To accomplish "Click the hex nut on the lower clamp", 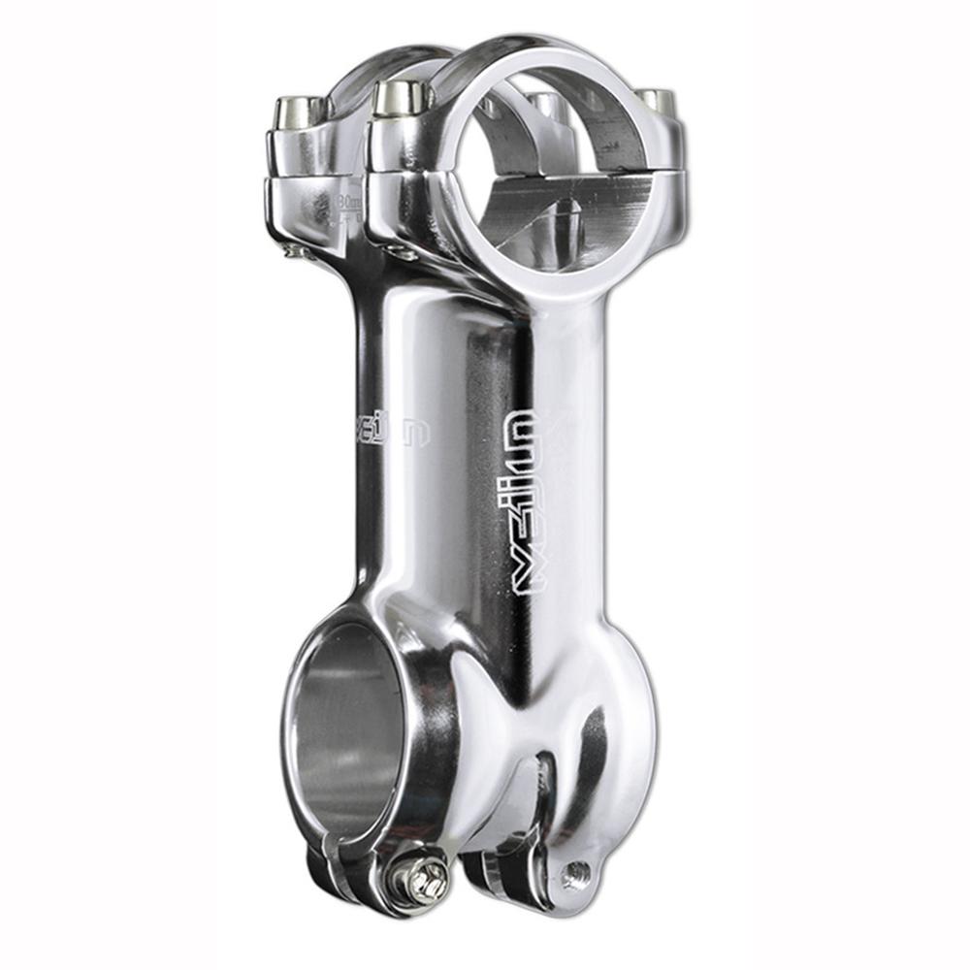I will [x=423, y=878].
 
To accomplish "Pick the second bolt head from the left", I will [x=402, y=98].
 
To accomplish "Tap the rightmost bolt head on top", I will [x=656, y=100].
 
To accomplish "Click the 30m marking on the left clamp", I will [x=347, y=204].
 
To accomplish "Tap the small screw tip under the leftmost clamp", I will [x=292, y=251].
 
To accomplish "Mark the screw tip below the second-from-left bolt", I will [x=405, y=254].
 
